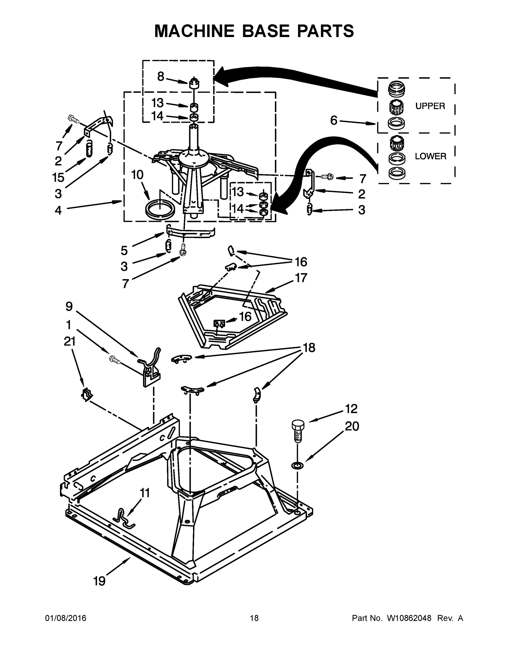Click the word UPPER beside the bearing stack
point(430,106)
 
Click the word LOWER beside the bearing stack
point(430,156)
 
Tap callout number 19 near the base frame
point(99,581)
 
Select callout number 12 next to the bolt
point(351,408)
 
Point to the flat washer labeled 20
point(297,466)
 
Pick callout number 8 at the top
point(161,77)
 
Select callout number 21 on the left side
point(70,341)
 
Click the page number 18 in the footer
point(254,618)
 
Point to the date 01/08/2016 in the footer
point(66,618)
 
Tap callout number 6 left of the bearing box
point(334,121)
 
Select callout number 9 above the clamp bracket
point(69,307)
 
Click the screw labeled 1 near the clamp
point(115,359)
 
